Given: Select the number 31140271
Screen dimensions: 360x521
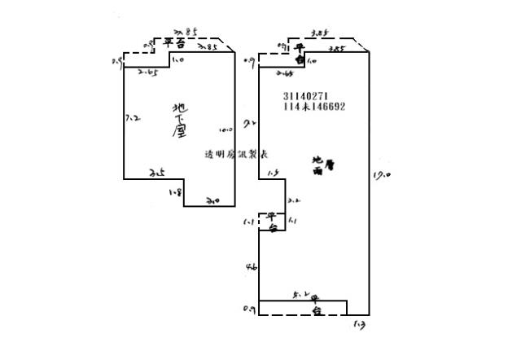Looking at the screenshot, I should click(308, 95).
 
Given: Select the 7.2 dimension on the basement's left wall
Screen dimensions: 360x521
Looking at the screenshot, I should click(133, 118).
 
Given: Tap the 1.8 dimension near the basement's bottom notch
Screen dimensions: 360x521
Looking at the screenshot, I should click(175, 192).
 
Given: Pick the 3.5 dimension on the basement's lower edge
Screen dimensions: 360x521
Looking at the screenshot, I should click(157, 173).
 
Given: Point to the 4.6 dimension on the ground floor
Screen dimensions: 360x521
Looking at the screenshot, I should click(252, 266).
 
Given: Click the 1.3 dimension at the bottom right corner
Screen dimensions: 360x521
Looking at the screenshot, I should click(360, 324).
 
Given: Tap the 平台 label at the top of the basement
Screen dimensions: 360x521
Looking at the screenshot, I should click(173, 43).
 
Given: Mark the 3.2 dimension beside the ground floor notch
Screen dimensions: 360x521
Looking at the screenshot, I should click(294, 200).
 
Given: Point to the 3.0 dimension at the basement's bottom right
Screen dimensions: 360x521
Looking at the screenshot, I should click(213, 200).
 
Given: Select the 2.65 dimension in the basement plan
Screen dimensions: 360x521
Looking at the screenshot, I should click(147, 73).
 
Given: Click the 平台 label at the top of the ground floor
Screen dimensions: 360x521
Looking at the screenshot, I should click(300, 55).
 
